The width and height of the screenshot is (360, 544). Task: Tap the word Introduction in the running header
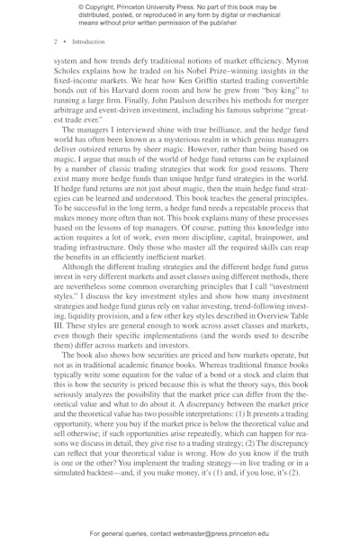coord(85,41)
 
